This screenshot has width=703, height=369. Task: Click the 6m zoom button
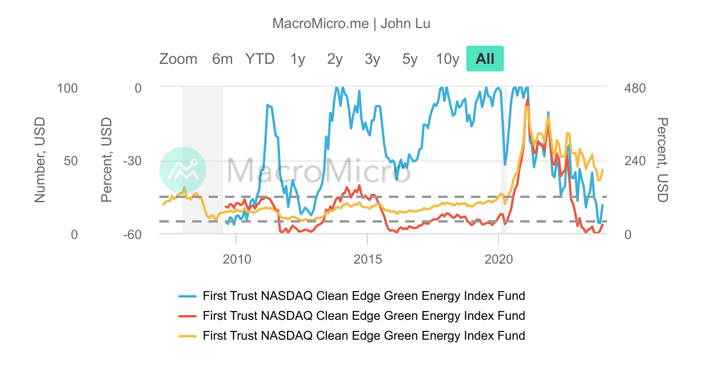pyautogui.click(x=223, y=59)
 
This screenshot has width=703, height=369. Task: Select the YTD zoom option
pyautogui.click(x=260, y=59)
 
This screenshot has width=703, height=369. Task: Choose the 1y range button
pyautogui.click(x=298, y=59)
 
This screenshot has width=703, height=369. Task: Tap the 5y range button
pyautogui.click(x=410, y=59)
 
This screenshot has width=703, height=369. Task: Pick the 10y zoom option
pyautogui.click(x=448, y=59)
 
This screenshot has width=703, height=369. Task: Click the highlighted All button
pyautogui.click(x=485, y=59)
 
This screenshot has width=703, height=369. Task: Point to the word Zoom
pyautogui.click(x=178, y=59)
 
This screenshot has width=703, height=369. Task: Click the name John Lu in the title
pyautogui.click(x=406, y=24)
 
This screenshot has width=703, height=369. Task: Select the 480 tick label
pyautogui.click(x=634, y=88)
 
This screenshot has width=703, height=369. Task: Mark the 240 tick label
pyautogui.click(x=634, y=161)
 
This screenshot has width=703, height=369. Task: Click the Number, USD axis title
pyautogui.click(x=40, y=160)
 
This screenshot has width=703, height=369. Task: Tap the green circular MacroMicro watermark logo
pyautogui.click(x=183, y=170)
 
